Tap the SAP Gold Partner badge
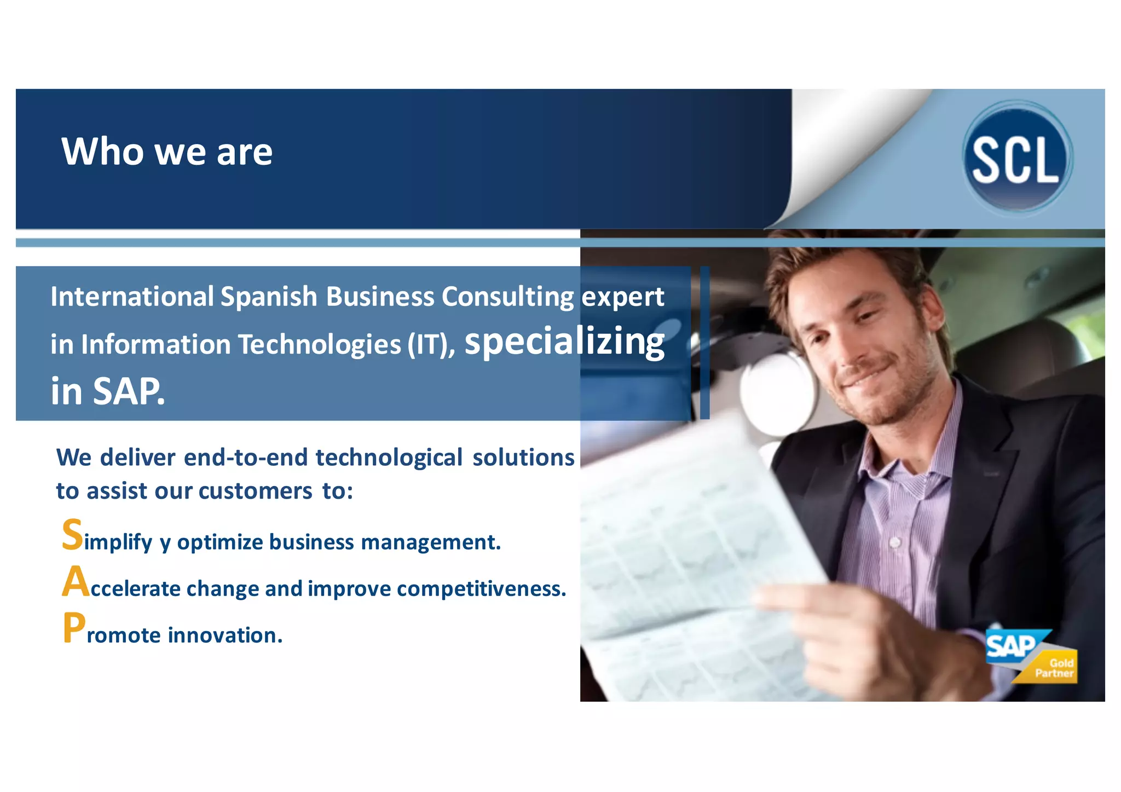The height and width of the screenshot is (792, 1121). pyautogui.click(x=1031, y=656)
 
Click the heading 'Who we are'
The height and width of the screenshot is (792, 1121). pyautogui.click(x=167, y=152)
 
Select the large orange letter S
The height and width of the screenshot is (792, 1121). pyautogui.click(x=72, y=535)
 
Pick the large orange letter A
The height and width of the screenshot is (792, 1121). pyautogui.click(x=75, y=582)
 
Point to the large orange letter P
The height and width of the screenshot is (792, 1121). pyautogui.click(x=73, y=628)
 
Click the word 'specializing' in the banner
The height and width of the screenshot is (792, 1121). pyautogui.click(x=564, y=342)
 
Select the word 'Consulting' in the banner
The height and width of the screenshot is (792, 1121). pyautogui.click(x=508, y=297)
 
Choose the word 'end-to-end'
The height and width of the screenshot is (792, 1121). pyautogui.click(x=246, y=458)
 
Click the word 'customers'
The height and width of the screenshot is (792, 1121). pyautogui.click(x=255, y=491)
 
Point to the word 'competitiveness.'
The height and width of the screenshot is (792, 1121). pyautogui.click(x=481, y=589)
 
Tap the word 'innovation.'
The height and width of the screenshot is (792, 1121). pyautogui.click(x=225, y=635)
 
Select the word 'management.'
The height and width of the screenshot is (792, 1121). pyautogui.click(x=431, y=542)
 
